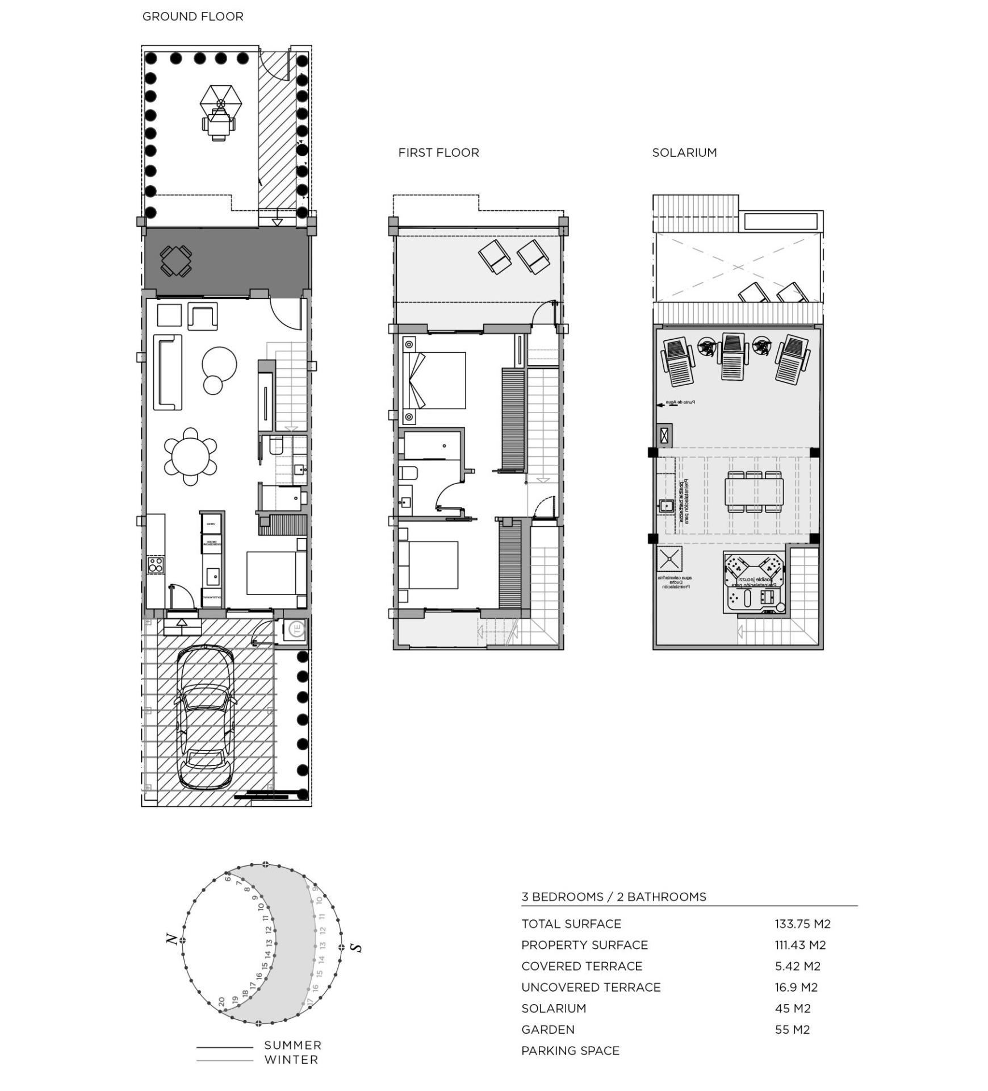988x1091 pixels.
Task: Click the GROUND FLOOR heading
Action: tap(192, 16)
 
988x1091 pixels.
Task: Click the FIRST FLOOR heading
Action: tap(438, 152)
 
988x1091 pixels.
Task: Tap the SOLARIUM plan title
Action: tap(684, 152)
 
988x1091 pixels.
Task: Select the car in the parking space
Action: tap(205, 718)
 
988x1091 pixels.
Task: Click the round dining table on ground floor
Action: tap(191, 456)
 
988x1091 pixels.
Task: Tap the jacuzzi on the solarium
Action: tap(753, 581)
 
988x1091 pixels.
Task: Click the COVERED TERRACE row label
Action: tap(581, 967)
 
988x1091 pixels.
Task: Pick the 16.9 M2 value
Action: tap(796, 988)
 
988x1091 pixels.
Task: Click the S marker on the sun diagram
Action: tap(356, 947)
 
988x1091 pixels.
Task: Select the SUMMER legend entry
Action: tap(292, 1045)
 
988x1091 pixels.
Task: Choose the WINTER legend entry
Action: tap(291, 1059)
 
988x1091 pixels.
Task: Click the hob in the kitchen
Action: tap(156, 564)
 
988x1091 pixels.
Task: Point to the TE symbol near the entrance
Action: tap(296, 630)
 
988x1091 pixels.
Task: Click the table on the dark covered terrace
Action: tap(176, 261)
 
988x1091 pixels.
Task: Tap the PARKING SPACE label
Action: tap(570, 1051)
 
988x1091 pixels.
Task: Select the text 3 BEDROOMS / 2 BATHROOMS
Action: tap(613, 897)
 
